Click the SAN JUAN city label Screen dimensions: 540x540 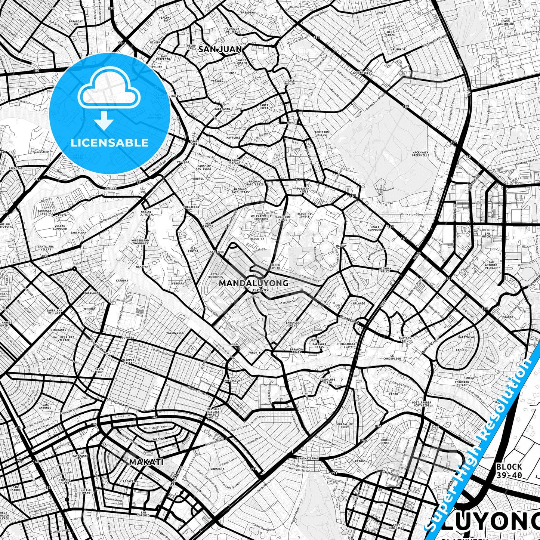(220, 49)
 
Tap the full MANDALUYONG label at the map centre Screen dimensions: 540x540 (253, 283)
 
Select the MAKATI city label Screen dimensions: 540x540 (146, 462)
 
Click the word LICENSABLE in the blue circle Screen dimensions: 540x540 (109, 143)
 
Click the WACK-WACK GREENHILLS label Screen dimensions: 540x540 (420, 154)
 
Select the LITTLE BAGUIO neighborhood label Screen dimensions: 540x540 (289, 82)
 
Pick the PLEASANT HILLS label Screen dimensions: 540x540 (303, 190)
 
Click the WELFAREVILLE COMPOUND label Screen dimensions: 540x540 (261, 217)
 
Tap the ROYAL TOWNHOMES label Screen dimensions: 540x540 (215, 276)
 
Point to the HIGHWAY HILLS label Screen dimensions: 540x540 (385, 270)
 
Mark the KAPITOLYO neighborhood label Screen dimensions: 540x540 (466, 337)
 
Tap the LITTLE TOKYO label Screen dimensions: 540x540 (86, 491)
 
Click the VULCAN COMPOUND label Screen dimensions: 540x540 (59, 227)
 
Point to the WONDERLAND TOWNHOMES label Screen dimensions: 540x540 (140, 242)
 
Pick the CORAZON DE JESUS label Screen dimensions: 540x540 (233, 30)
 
